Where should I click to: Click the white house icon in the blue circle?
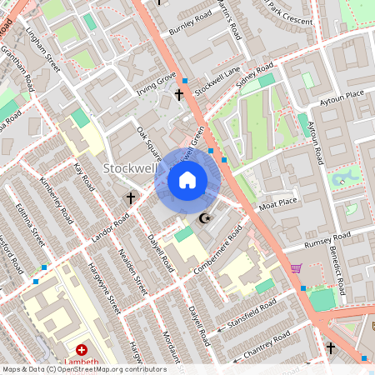(187, 180)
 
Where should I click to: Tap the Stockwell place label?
(130, 168)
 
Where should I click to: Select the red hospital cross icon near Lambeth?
(82, 352)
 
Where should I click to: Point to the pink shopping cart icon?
(296, 268)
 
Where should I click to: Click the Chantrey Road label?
(267, 345)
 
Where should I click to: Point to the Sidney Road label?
(255, 75)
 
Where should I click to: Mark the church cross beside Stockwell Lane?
(179, 95)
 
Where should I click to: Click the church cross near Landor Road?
(130, 198)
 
